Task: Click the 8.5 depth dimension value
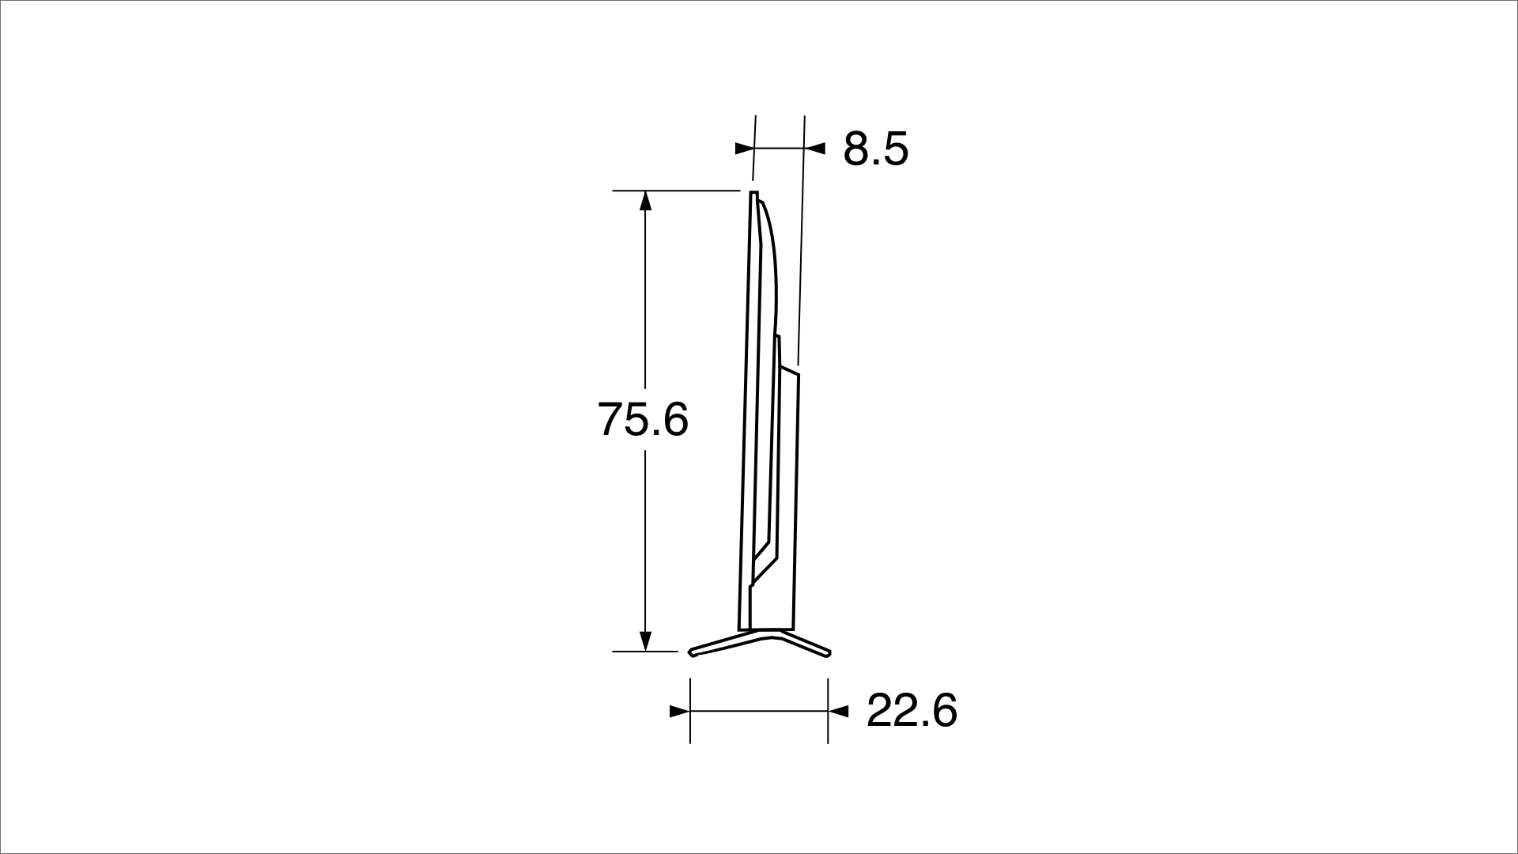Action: click(x=875, y=149)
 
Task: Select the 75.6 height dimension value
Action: click(x=643, y=419)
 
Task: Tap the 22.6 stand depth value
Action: click(x=912, y=710)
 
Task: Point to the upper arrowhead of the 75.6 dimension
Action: click(x=645, y=201)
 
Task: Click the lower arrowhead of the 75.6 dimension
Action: click(x=645, y=641)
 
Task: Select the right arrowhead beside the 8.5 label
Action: click(x=815, y=148)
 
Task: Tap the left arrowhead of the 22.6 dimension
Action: click(x=680, y=712)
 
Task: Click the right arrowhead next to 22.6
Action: click(x=838, y=712)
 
